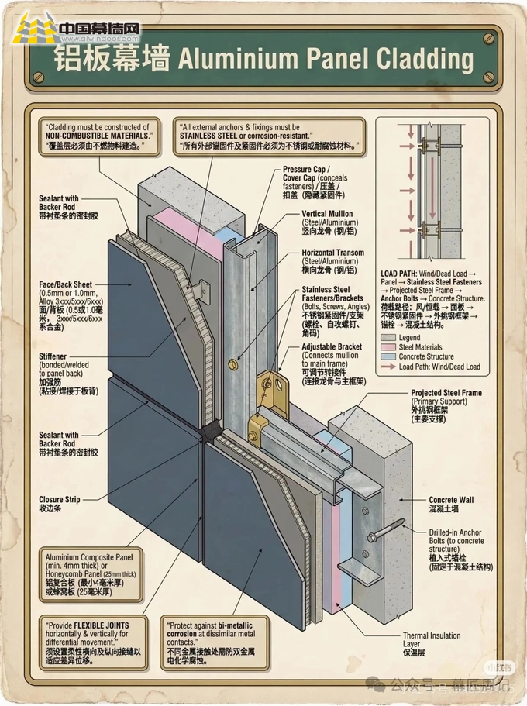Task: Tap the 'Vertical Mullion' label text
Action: point(327,214)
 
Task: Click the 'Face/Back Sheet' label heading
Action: point(66,284)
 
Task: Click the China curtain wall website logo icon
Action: point(33,30)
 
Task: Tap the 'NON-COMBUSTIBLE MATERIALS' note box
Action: point(98,136)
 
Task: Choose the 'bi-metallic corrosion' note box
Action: point(215,642)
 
